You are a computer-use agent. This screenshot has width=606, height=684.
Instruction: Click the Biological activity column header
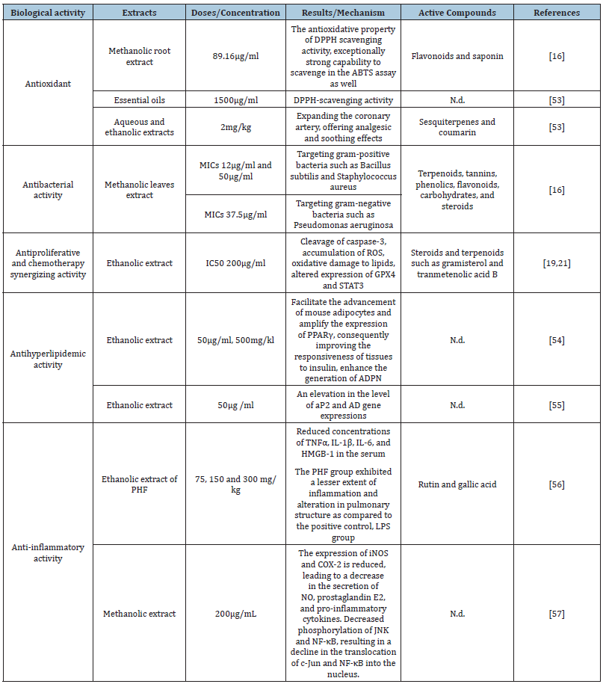click(48, 13)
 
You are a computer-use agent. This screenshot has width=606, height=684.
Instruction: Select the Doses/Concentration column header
click(235, 13)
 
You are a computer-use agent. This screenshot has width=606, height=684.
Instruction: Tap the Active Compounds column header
click(457, 13)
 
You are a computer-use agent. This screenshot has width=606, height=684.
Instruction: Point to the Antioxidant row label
click(48, 84)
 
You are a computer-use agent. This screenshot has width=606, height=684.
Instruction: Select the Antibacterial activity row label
click(48, 190)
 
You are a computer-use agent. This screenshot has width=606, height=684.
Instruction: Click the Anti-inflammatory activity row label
click(48, 552)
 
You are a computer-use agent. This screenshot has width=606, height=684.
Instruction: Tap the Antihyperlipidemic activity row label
click(48, 360)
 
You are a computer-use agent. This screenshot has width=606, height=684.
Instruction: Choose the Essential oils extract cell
click(140, 99)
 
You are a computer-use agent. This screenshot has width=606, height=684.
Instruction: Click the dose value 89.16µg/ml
click(235, 56)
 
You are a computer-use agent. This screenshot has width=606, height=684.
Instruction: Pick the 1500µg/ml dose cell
click(235, 99)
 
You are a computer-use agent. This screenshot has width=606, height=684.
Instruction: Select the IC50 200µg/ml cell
click(235, 263)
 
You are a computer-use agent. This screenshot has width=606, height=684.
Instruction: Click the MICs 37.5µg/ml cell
click(235, 214)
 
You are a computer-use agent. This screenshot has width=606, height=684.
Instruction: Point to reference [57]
click(557, 614)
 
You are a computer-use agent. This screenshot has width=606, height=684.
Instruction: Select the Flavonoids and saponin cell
click(457, 56)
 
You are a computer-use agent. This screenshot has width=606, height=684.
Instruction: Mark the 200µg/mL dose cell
click(235, 614)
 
